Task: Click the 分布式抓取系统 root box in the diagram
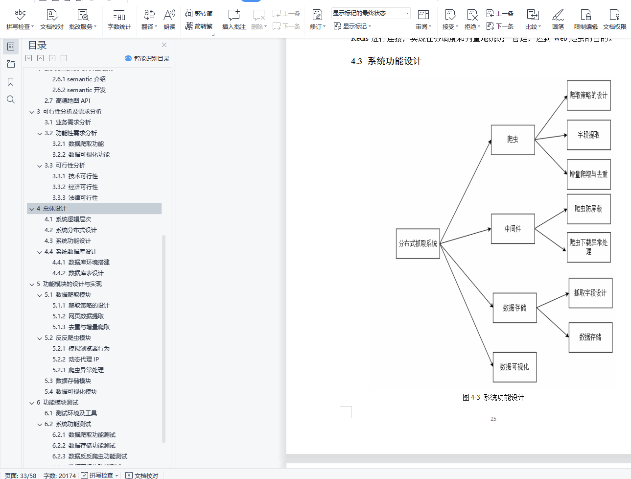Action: pyautogui.click(x=418, y=243)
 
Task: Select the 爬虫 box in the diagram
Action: pyautogui.click(x=513, y=140)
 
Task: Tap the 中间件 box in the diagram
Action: pyautogui.click(x=513, y=229)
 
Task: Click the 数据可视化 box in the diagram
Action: pyautogui.click(x=514, y=367)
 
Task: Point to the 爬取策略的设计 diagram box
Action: pyautogui.click(x=588, y=96)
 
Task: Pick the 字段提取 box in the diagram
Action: pyautogui.click(x=588, y=135)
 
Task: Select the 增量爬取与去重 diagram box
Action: pyautogui.click(x=588, y=174)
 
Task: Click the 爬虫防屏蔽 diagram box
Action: pyautogui.click(x=588, y=209)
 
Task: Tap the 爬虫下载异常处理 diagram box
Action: pyautogui.click(x=588, y=247)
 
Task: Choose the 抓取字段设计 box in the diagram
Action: pyautogui.click(x=590, y=293)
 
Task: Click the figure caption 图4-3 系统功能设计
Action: pyautogui.click(x=493, y=397)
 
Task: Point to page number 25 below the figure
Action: pyautogui.click(x=493, y=419)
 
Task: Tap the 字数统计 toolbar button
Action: pyautogui.click(x=119, y=20)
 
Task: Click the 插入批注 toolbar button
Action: pyautogui.click(x=234, y=20)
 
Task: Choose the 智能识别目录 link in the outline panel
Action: pyautogui.click(x=147, y=58)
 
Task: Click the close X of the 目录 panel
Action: pyautogui.click(x=164, y=45)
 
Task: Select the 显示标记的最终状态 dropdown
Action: pyautogui.click(x=371, y=13)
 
